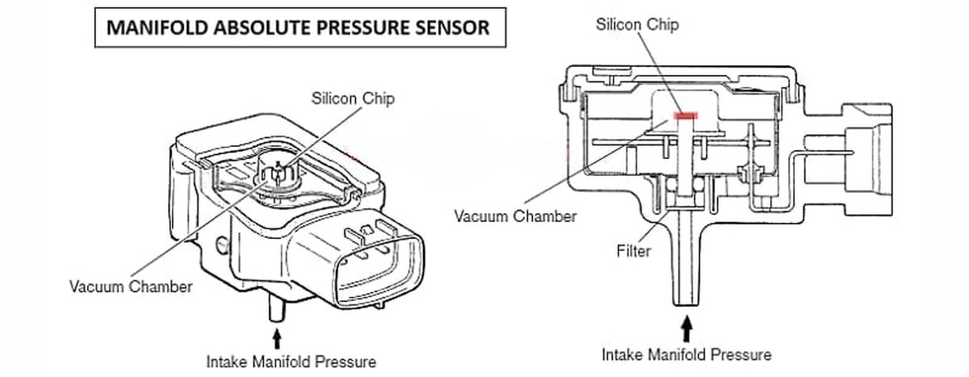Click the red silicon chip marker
(684, 116)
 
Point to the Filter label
(633, 252)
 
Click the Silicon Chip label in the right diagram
(637, 23)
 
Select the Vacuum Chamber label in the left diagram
(131, 287)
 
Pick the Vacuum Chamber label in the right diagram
(515, 216)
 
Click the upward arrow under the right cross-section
(687, 328)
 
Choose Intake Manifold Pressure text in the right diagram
(686, 354)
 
